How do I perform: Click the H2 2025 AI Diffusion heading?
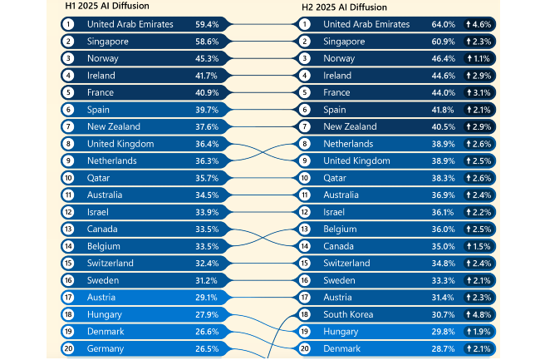[x=344, y=7]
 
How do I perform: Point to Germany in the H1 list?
[x=105, y=348]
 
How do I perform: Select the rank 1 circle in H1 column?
[x=68, y=24]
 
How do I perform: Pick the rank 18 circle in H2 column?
[x=305, y=314]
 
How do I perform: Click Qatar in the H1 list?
[x=99, y=178]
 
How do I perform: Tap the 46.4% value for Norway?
[x=443, y=58]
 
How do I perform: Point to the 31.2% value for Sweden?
[x=207, y=280]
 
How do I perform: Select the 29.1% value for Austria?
[x=207, y=297]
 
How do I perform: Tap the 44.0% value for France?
[x=443, y=92]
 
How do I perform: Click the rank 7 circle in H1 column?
[x=68, y=126]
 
